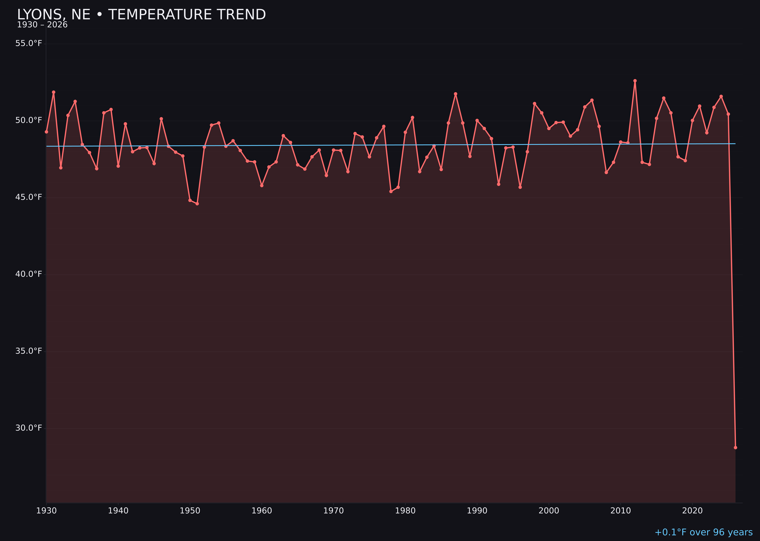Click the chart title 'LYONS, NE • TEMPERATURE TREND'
pyautogui.click(x=141, y=15)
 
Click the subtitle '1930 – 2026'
pyautogui.click(x=42, y=25)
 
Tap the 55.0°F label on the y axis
pyautogui.click(x=29, y=44)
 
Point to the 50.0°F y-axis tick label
pyautogui.click(x=29, y=120)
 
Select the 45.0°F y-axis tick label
pyautogui.click(x=29, y=197)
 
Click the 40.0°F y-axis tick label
pyautogui.click(x=29, y=274)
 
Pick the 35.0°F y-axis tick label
pyautogui.click(x=29, y=351)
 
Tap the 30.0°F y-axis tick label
pyautogui.click(x=29, y=428)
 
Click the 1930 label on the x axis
pyautogui.click(x=46, y=511)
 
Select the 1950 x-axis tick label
pyautogui.click(x=190, y=511)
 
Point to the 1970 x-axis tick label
pyautogui.click(x=333, y=511)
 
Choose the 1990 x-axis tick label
pyautogui.click(x=477, y=511)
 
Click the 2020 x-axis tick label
pyautogui.click(x=692, y=511)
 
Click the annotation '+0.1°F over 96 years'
pyautogui.click(x=703, y=532)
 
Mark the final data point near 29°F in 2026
pyautogui.click(x=735, y=447)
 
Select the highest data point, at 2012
pyautogui.click(x=635, y=81)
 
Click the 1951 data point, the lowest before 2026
pyautogui.click(x=197, y=204)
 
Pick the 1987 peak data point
pyautogui.click(x=456, y=94)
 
